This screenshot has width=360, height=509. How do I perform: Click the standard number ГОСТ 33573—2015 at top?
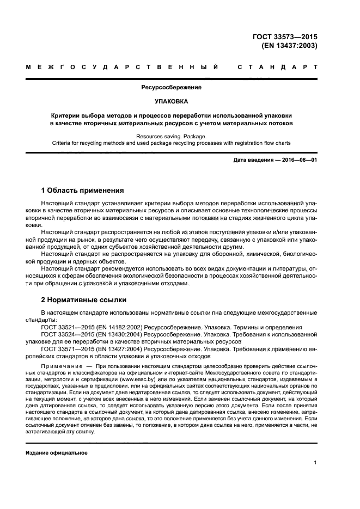[285, 36]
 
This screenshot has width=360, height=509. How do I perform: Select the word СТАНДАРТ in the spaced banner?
[277, 68]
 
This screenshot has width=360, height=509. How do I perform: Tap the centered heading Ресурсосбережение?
[172, 87]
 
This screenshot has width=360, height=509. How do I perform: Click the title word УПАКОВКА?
[172, 101]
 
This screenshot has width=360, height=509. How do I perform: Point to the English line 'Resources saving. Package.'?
[172, 137]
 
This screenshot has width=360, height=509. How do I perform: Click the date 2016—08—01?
[298, 160]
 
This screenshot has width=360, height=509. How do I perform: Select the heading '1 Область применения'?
[82, 191]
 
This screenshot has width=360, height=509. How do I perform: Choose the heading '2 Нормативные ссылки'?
[84, 300]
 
